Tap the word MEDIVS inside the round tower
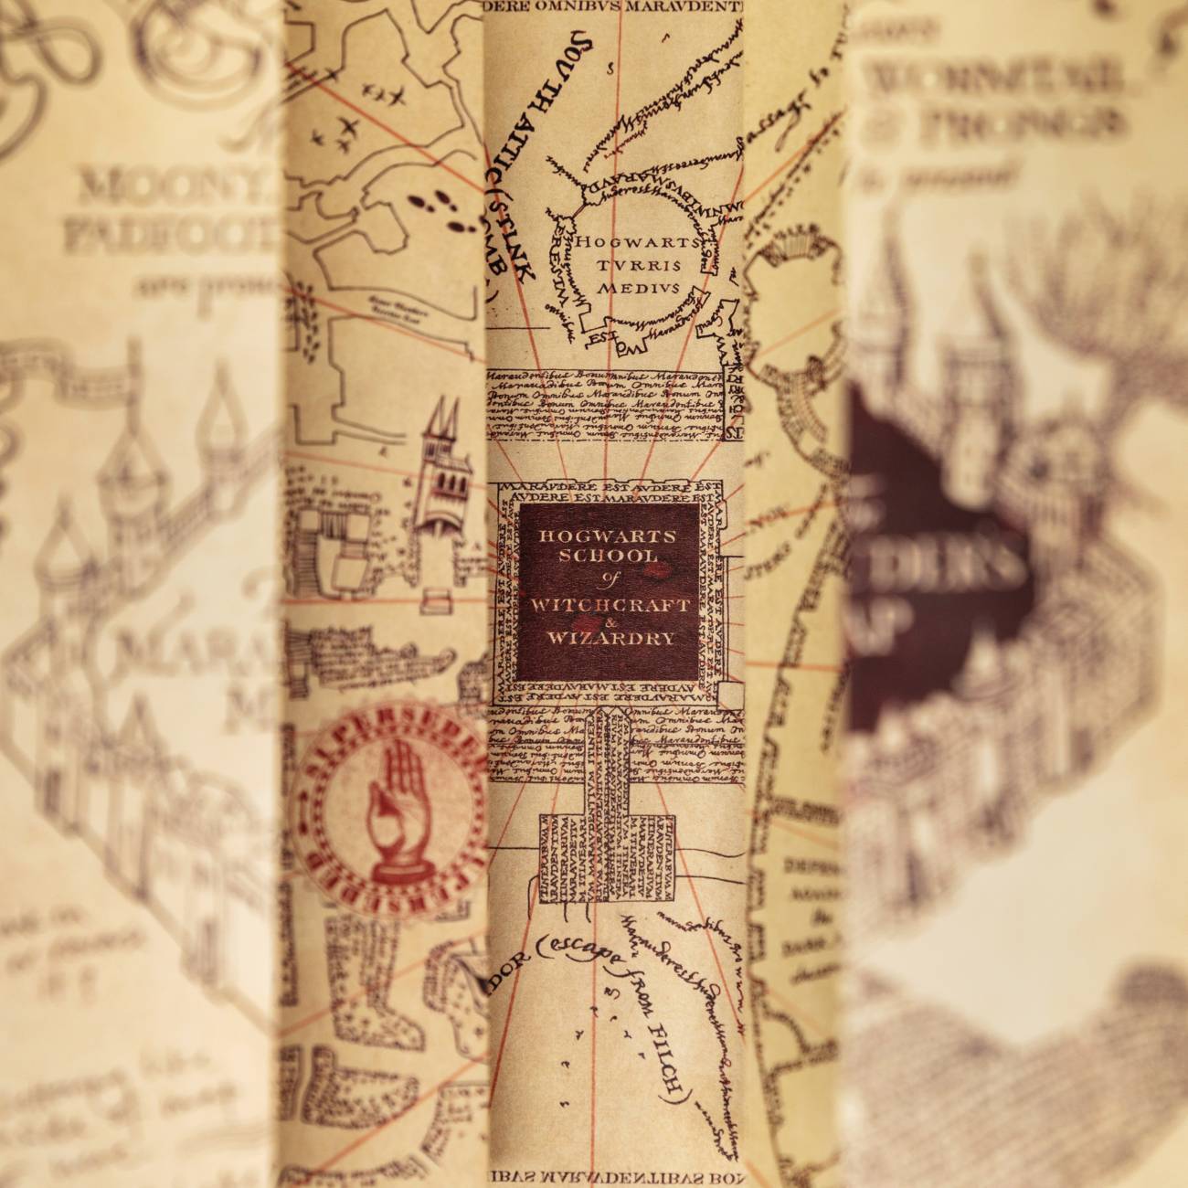point(627,288)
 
